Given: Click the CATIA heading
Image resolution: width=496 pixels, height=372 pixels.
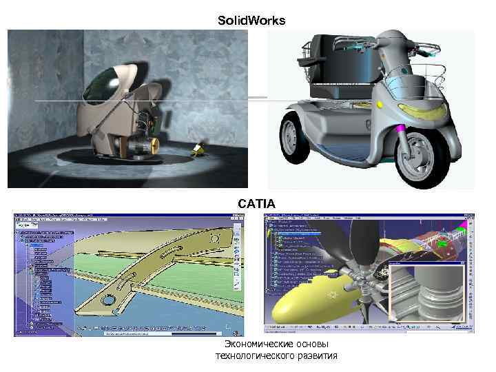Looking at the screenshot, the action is [256, 203].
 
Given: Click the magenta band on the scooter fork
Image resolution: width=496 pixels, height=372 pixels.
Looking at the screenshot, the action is [400, 128].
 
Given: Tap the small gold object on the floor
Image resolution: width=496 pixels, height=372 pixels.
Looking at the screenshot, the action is [198, 149].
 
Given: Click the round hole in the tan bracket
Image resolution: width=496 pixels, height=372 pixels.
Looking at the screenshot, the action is [109, 301].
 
